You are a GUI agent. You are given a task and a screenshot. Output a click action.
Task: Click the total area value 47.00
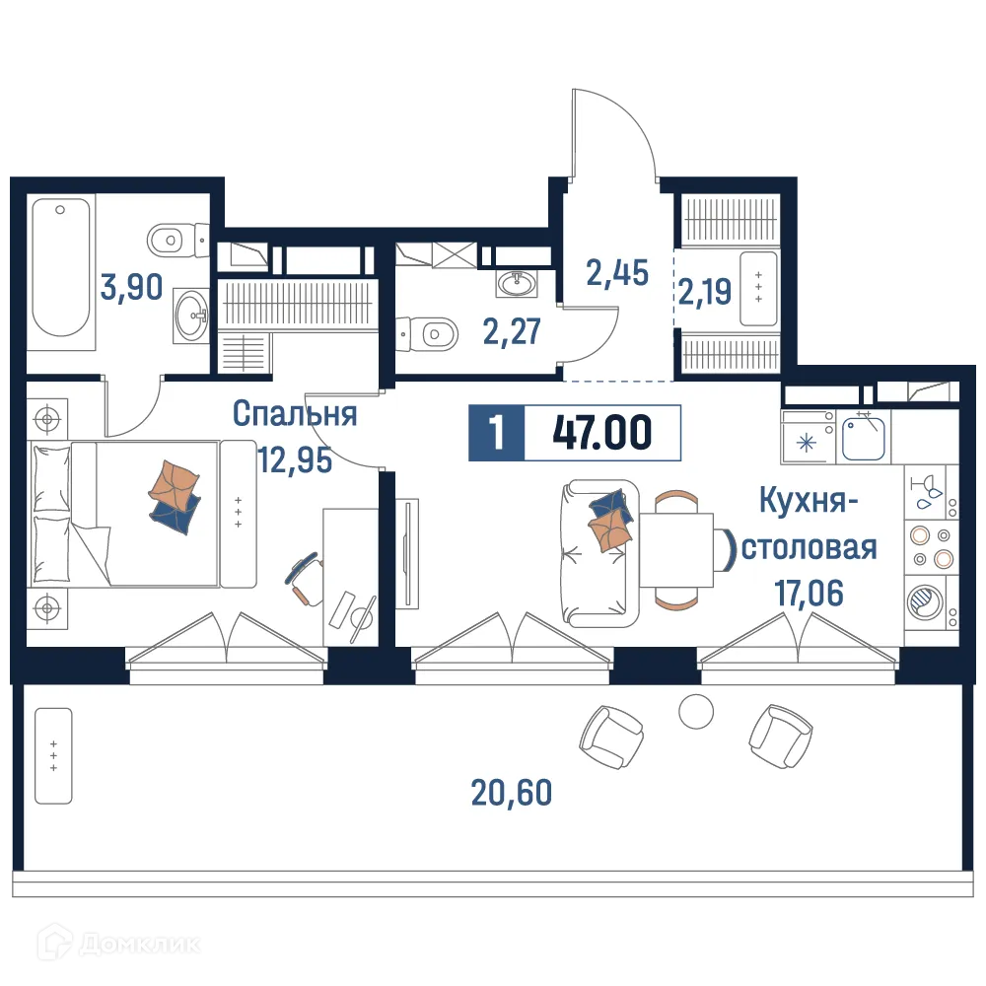601,433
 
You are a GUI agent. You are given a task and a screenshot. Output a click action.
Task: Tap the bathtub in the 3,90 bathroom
61,268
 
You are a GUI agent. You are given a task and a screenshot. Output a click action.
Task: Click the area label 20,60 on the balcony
512,791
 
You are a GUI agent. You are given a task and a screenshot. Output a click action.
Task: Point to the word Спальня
294,414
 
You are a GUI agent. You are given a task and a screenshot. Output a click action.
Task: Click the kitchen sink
867,437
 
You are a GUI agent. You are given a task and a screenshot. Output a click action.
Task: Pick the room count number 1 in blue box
497,433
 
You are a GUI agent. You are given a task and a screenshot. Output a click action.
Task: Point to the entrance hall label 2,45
617,271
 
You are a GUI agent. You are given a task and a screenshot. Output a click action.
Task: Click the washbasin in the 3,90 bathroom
192,316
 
